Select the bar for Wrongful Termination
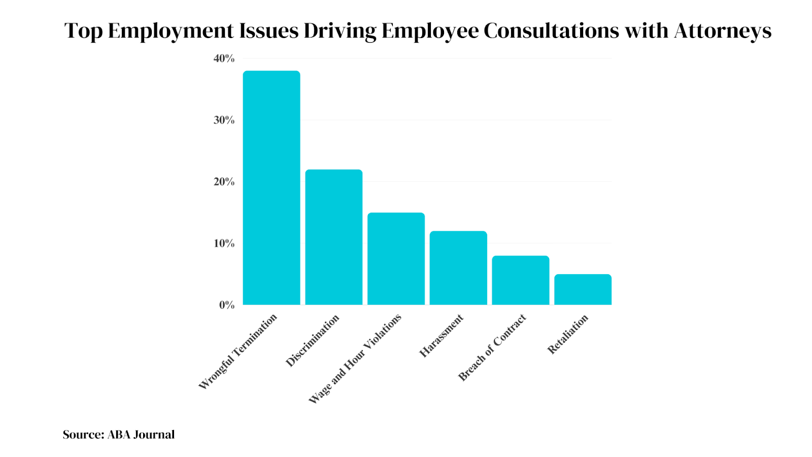[272, 188]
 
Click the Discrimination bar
[334, 237]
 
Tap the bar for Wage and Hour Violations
[396, 259]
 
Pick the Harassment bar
[458, 268]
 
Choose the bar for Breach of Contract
[521, 280]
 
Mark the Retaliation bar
[583, 289]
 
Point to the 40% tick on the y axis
[224, 58]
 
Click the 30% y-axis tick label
[224, 120]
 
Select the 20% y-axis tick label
[224, 182]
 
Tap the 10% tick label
[224, 243]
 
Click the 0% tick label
[227, 305]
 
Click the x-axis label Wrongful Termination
[238, 351]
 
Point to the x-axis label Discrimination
[312, 341]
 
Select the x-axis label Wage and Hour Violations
[355, 359]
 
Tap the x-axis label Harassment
[441, 336]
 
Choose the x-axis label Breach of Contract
[492, 348]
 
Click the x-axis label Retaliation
[567, 334]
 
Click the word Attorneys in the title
[722, 31]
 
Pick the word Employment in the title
[171, 31]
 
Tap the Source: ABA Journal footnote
[119, 435]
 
